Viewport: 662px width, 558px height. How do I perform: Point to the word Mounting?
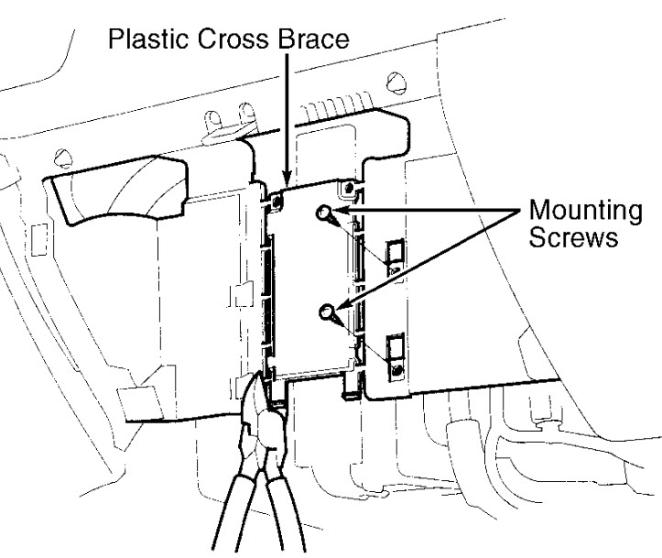[x=586, y=212]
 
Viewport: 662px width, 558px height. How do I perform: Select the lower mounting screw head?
[x=327, y=313]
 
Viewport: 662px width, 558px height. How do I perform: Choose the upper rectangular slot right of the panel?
[x=395, y=257]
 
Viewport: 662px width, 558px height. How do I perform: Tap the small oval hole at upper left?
[x=61, y=153]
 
